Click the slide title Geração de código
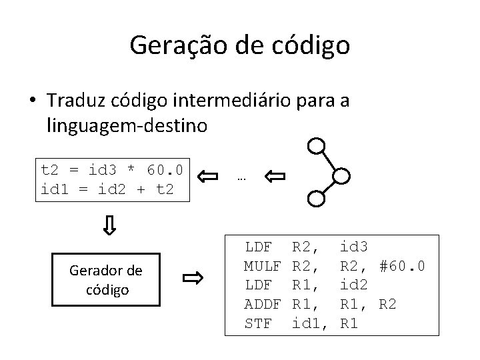point(239,45)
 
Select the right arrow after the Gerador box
point(193,279)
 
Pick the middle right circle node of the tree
point(341,176)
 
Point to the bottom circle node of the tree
point(317,197)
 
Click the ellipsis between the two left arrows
point(241,177)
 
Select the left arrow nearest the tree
point(274,177)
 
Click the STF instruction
point(258,324)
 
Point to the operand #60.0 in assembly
point(402,267)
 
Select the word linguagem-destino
point(117,125)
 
